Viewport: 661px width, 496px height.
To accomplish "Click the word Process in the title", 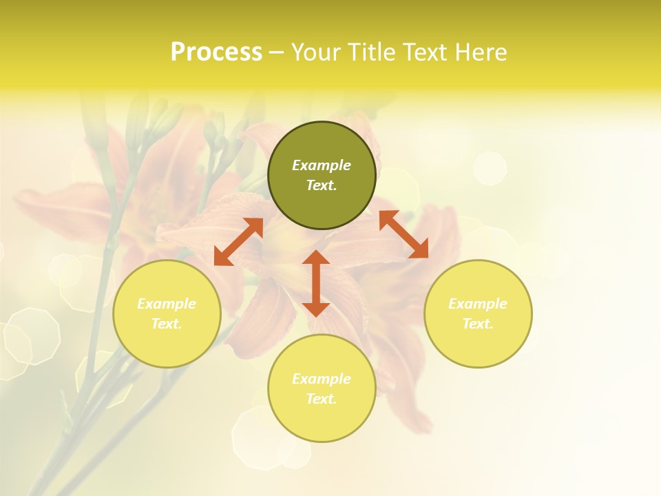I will point(216,52).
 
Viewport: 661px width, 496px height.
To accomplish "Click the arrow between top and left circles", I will point(238,242).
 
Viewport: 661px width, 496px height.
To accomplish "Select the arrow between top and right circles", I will point(403,234).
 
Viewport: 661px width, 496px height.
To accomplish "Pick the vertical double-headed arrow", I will point(316,283).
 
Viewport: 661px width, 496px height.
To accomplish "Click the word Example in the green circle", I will point(322,165).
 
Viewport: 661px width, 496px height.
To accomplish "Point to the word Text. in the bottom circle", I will point(322,399).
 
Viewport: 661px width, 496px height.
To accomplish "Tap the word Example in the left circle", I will point(167,304).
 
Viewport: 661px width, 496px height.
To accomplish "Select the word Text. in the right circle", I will point(478,324).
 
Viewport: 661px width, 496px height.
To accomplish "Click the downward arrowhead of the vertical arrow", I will point(316,308).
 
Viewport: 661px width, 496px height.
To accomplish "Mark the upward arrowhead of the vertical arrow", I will point(316,258).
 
